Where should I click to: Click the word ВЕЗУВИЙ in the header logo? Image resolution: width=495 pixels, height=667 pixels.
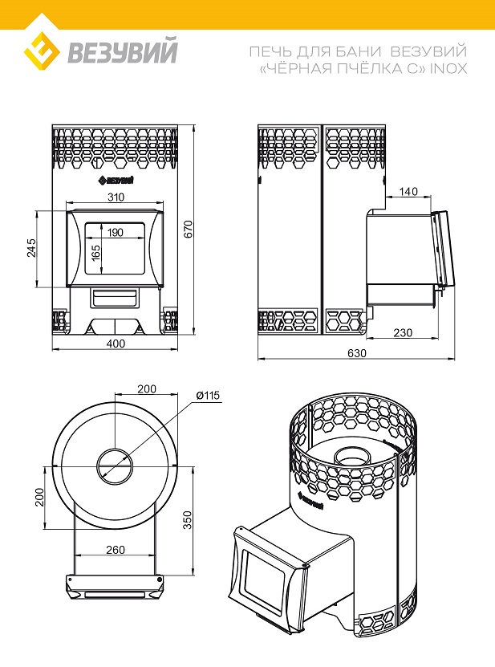click(x=122, y=53)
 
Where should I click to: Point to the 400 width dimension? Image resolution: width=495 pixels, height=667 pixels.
click(x=116, y=344)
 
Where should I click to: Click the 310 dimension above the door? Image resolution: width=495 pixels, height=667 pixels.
click(x=115, y=197)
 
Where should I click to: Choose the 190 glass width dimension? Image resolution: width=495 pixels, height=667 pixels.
click(x=115, y=232)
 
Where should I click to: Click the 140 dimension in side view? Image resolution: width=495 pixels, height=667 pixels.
click(x=408, y=191)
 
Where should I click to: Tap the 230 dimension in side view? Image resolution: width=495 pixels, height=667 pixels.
click(x=403, y=332)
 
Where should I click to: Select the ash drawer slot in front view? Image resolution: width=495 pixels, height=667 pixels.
click(x=114, y=297)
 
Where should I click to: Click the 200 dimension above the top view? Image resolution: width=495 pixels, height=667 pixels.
click(x=146, y=388)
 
